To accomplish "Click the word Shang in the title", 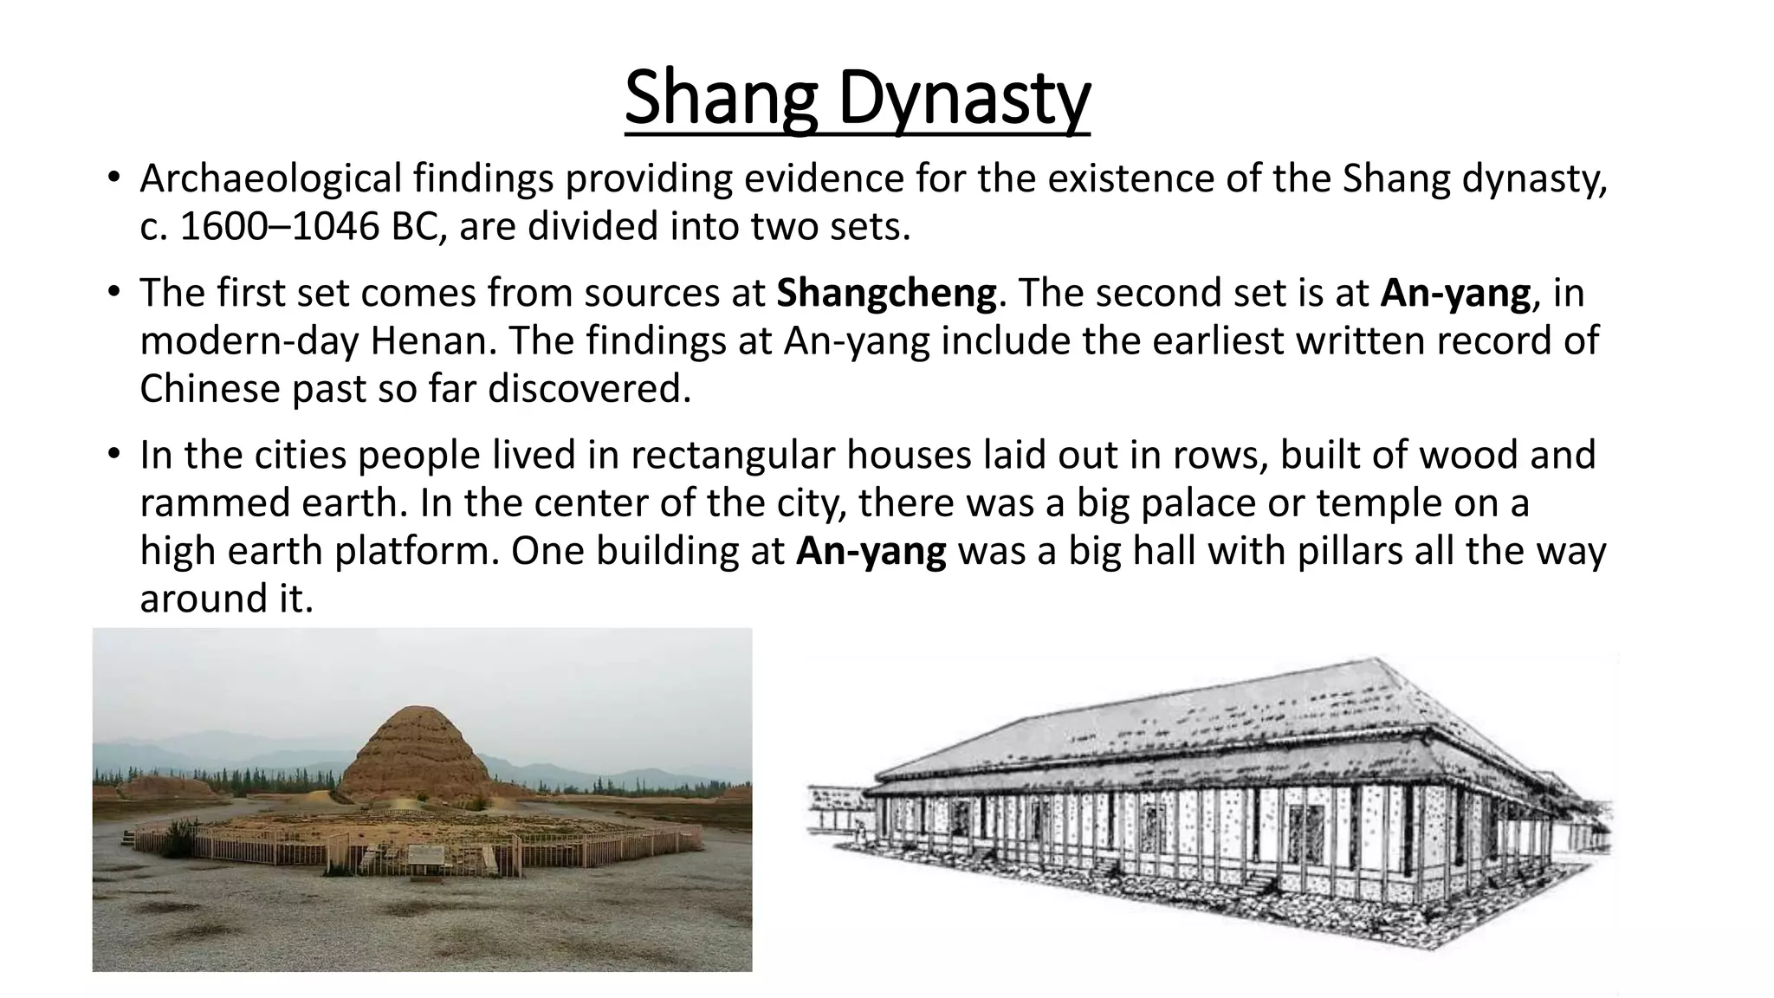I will coord(721,100).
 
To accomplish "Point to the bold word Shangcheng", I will coord(886,294).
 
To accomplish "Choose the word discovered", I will coord(589,389).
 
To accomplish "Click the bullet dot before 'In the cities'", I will coord(113,454).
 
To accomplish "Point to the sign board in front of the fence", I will coord(429,855).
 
